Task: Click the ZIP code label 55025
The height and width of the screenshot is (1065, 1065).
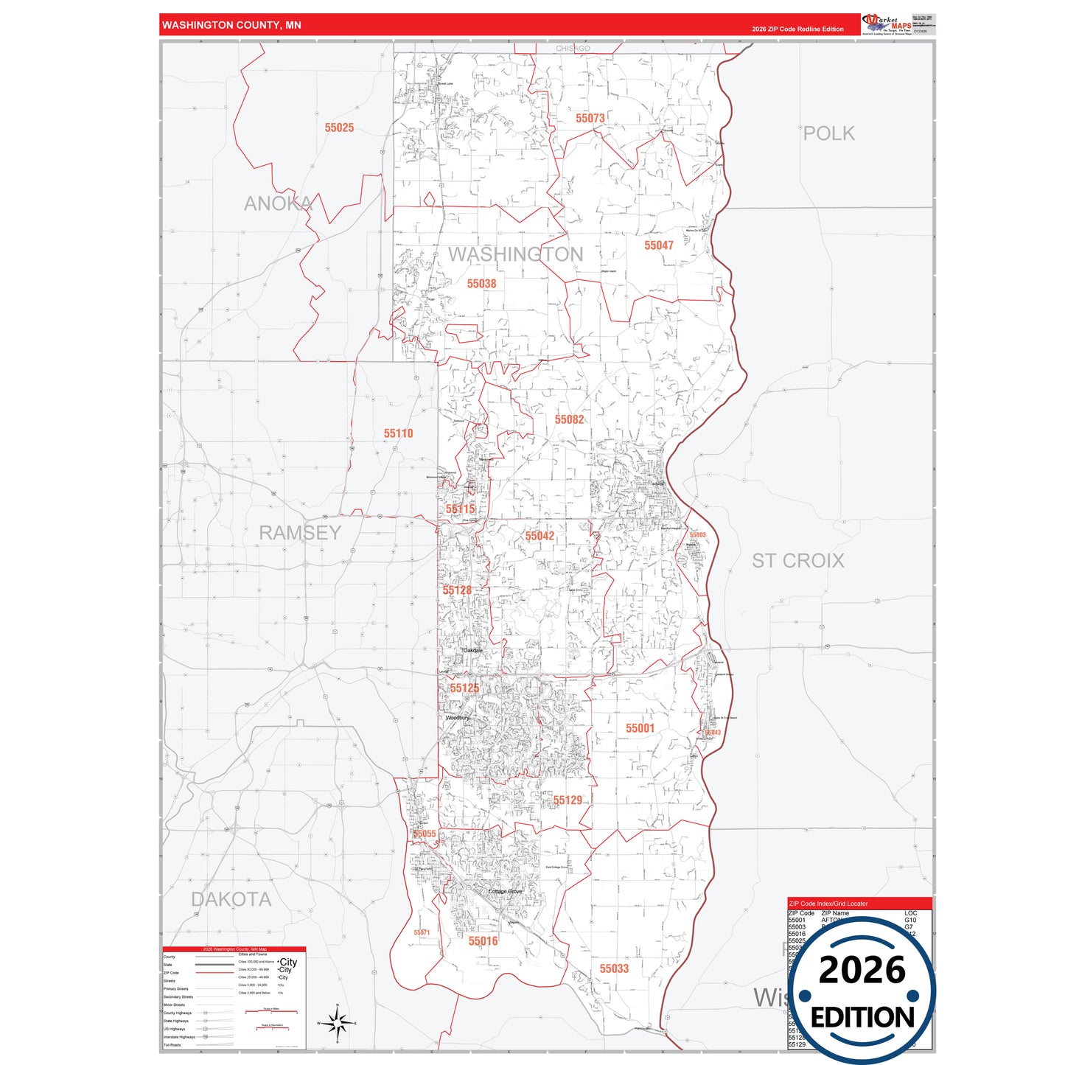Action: tap(339, 128)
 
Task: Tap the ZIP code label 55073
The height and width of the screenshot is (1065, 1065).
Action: tap(590, 118)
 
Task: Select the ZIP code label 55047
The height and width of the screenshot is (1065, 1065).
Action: tap(658, 245)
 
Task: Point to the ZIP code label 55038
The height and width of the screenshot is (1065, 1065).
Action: tap(481, 284)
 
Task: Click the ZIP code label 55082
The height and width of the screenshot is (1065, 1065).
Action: tap(569, 419)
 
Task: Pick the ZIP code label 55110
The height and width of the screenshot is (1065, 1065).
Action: tap(398, 433)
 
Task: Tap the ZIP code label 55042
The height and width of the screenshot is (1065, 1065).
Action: tap(540, 536)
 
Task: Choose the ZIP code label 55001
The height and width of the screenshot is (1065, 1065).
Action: tap(640, 728)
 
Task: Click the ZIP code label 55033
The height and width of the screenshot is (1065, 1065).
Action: tap(614, 968)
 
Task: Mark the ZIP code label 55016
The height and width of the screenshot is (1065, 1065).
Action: tap(483, 941)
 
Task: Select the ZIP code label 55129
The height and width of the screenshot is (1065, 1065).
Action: tap(568, 800)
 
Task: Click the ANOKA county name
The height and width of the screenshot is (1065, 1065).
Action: tap(278, 203)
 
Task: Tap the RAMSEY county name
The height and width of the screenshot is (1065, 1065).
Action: tap(300, 532)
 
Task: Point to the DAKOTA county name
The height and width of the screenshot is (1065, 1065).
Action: tap(231, 899)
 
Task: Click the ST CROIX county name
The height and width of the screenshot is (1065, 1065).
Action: tap(797, 561)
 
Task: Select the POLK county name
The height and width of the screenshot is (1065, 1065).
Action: tap(828, 133)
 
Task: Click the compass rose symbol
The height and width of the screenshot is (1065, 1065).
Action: tap(337, 1023)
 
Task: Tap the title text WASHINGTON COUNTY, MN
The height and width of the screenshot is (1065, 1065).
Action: tap(231, 25)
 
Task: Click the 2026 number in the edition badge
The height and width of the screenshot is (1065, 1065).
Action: tap(862, 970)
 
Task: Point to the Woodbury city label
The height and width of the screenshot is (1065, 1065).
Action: tap(458, 717)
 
